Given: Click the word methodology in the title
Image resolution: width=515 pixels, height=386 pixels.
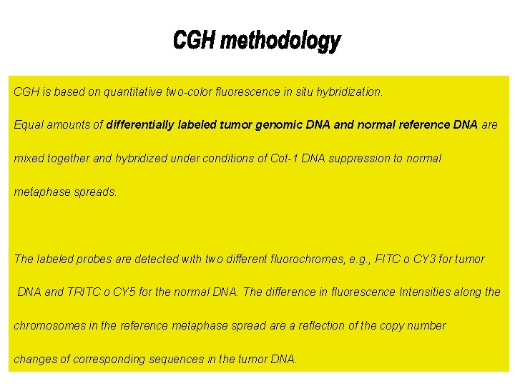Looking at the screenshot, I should (281, 41).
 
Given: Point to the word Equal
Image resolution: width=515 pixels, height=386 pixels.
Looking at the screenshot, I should (29, 125).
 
